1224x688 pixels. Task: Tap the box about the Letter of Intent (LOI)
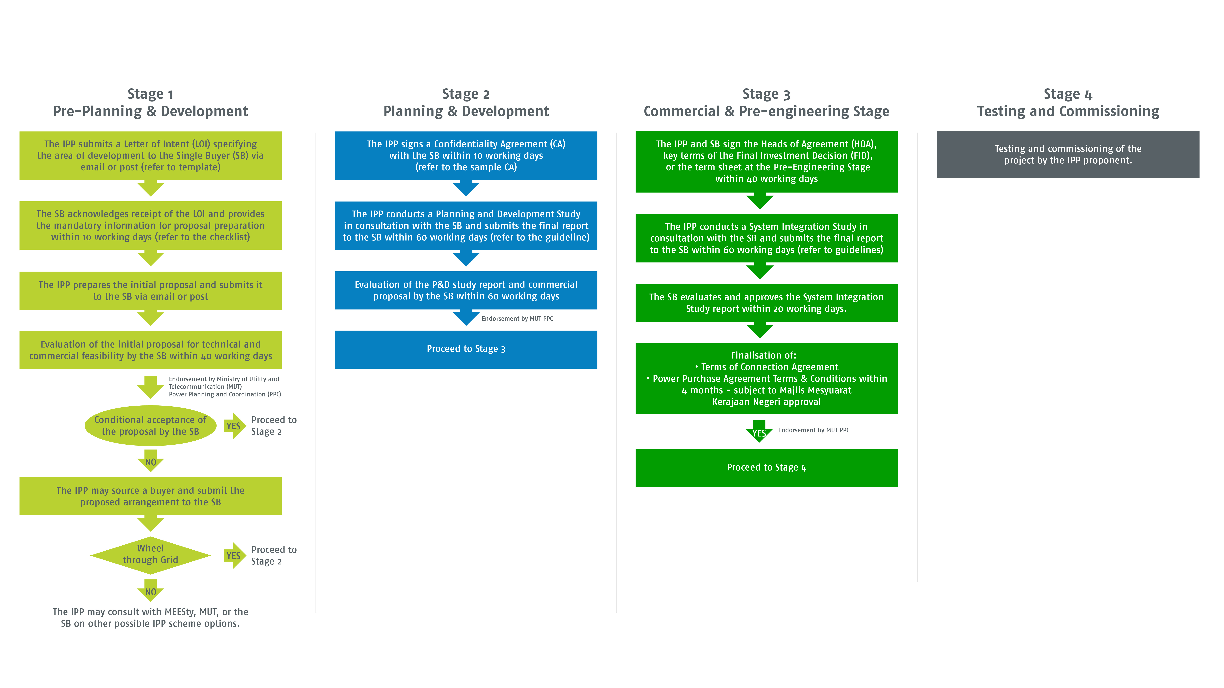pos(151,156)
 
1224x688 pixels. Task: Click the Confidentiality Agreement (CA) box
pos(466,156)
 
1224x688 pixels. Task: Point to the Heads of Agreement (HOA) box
pos(766,161)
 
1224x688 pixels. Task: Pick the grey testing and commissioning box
pos(1068,154)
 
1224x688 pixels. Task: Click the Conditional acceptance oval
pos(151,425)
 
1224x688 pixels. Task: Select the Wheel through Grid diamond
pos(151,555)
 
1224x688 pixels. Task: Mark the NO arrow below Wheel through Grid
pos(151,591)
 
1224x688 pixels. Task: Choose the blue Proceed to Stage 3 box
pos(466,350)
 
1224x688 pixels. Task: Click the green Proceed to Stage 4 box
pos(766,468)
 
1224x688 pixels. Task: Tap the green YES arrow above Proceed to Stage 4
pos(759,431)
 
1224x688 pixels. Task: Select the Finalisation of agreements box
pos(766,378)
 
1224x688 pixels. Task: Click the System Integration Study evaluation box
pos(766,303)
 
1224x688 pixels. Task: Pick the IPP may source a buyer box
pos(151,496)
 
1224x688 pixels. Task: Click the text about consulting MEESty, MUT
pos(151,618)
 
